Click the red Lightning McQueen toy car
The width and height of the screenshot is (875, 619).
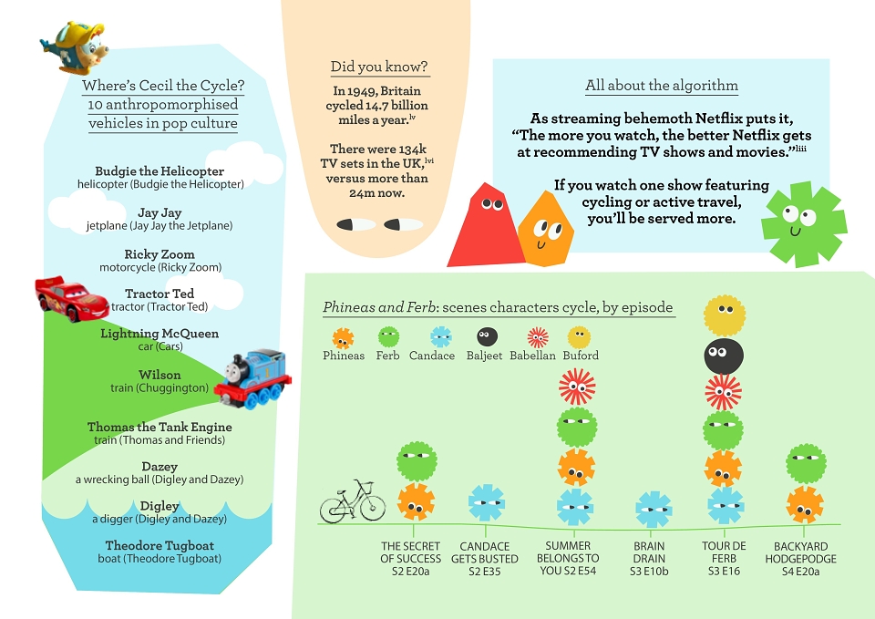[71, 299]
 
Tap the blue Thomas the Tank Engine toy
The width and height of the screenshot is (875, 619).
[252, 379]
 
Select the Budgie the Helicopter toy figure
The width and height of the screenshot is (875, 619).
[74, 47]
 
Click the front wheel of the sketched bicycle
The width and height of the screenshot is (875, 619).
[372, 506]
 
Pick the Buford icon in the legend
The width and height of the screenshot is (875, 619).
[580, 337]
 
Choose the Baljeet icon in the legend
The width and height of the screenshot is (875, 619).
[487, 336]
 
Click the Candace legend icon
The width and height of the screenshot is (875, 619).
[441, 337]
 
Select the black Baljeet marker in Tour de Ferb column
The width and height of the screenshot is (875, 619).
[724, 356]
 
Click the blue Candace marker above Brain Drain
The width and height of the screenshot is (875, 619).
[654, 509]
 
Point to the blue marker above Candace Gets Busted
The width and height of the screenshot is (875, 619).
[487, 503]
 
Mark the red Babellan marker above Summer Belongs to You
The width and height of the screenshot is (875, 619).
[577, 387]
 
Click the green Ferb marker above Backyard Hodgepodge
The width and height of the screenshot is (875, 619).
[807, 464]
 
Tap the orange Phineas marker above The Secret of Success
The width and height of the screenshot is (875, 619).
[416, 502]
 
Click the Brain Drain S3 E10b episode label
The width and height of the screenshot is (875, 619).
[649, 559]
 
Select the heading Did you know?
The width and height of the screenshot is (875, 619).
[379, 67]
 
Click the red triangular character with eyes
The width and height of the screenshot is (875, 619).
[486, 225]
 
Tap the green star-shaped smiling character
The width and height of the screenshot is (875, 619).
[804, 224]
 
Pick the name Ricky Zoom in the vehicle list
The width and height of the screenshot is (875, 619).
[160, 254]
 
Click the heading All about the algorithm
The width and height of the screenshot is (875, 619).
[662, 85]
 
